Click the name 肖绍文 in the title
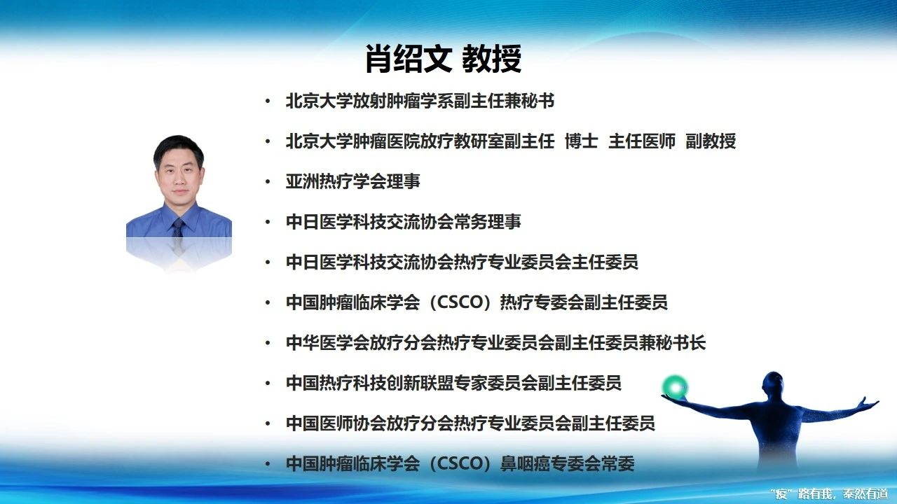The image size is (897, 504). (x=409, y=59)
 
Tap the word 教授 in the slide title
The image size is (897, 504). (x=492, y=59)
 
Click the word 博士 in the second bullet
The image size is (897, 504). (x=582, y=141)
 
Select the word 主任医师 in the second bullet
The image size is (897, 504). (x=642, y=141)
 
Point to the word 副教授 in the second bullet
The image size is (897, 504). (x=711, y=141)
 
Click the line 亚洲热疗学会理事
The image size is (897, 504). (x=352, y=181)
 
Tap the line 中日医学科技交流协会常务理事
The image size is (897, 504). (x=403, y=222)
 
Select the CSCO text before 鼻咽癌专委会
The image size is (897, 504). (x=460, y=464)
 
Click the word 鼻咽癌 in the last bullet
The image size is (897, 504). (x=526, y=464)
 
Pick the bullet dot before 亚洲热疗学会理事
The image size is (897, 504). (x=268, y=182)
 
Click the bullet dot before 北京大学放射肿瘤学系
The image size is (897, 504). (x=268, y=101)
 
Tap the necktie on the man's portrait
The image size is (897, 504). (x=178, y=228)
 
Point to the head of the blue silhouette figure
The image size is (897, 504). (x=773, y=385)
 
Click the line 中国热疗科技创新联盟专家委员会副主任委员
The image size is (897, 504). (x=453, y=383)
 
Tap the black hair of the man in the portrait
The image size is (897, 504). (x=179, y=147)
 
